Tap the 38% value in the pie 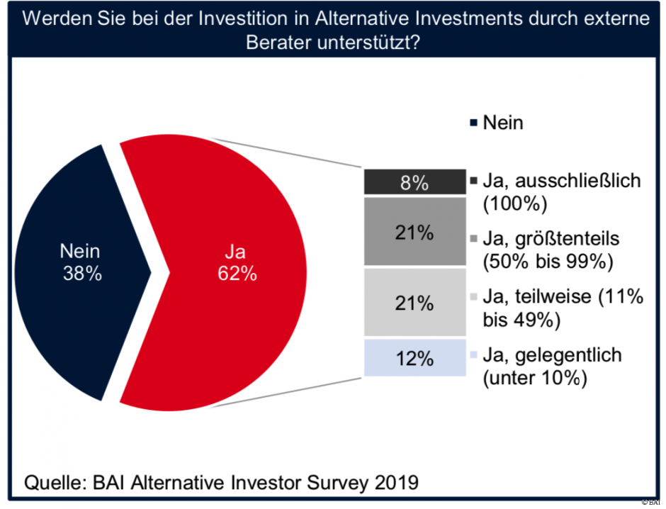pyautogui.click(x=80, y=274)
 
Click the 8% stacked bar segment pyautogui.click(x=414, y=183)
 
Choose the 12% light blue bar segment pyautogui.click(x=414, y=359)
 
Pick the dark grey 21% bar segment pyautogui.click(x=414, y=232)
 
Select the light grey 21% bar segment pyautogui.click(x=414, y=303)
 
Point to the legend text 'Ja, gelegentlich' pyautogui.click(x=552, y=355)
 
